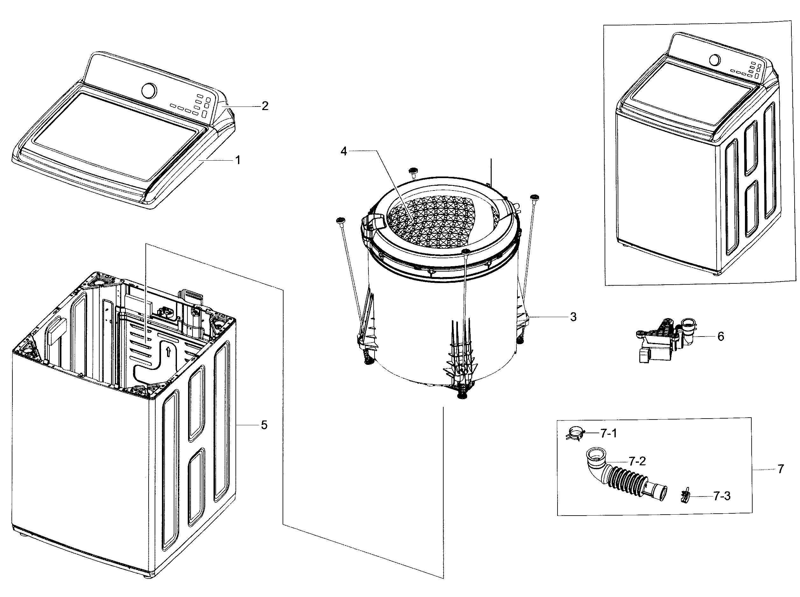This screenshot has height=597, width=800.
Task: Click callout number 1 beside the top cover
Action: click(x=237, y=160)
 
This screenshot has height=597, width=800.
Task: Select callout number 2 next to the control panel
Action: click(x=265, y=106)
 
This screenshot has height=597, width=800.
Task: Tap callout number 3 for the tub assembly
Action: click(x=573, y=317)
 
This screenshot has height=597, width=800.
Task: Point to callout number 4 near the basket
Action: click(x=343, y=151)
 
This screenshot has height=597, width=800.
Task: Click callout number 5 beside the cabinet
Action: click(x=264, y=425)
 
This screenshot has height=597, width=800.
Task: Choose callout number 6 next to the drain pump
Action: click(x=720, y=337)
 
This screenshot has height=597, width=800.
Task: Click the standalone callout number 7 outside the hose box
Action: click(x=781, y=469)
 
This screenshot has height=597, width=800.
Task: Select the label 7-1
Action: click(x=608, y=433)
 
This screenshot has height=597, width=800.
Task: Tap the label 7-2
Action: click(x=637, y=461)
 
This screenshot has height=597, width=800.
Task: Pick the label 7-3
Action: click(x=721, y=496)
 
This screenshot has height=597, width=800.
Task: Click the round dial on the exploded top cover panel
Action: click(x=149, y=90)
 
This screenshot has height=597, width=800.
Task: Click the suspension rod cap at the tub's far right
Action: click(x=534, y=197)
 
